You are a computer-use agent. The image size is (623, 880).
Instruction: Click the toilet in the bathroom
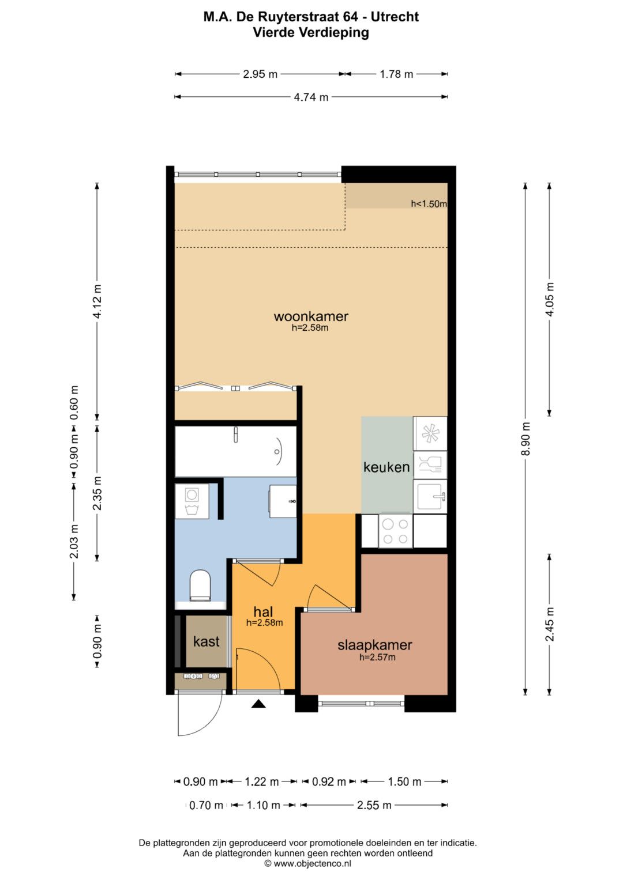(200, 585)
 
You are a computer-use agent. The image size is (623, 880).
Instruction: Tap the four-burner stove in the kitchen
(395, 531)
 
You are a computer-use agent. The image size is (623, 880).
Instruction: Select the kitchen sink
(430, 496)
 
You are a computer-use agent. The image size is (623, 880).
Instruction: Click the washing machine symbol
(192, 501)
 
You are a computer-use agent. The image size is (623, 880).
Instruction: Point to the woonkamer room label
(311, 316)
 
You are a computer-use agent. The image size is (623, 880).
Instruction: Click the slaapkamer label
(375, 645)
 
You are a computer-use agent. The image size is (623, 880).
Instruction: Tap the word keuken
(386, 467)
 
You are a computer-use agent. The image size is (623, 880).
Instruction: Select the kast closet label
(206, 641)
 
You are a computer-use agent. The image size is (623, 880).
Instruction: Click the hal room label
(263, 611)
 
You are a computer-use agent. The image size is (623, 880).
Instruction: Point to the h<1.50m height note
(429, 203)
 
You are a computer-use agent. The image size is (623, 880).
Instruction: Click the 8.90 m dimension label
(526, 439)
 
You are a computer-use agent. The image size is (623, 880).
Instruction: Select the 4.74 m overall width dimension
(311, 97)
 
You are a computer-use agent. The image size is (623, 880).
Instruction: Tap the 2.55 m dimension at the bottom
(374, 805)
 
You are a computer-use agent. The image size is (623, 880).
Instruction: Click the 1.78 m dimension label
(396, 74)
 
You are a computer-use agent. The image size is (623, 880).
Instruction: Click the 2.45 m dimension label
(550, 624)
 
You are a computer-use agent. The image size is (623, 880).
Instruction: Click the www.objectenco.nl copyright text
(307, 863)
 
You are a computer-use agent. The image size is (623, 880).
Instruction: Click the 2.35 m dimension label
(97, 493)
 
